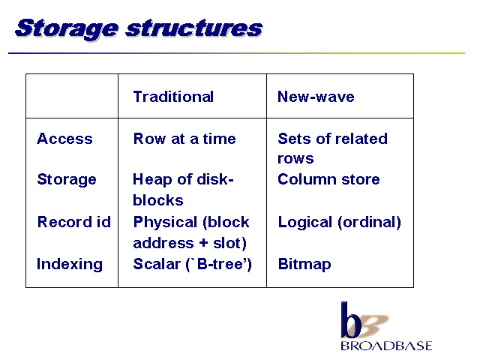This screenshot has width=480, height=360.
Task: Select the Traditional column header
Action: tap(173, 97)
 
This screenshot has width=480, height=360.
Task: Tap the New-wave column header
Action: tap(316, 97)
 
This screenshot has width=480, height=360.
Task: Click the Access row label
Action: tap(64, 139)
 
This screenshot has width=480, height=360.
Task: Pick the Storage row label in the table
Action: tap(67, 179)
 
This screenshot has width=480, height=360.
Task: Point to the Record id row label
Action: tap(74, 222)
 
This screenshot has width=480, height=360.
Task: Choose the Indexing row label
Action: tap(70, 264)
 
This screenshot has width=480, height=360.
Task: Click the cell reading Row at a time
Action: tap(184, 139)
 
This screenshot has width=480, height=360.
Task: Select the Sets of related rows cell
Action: tap(332, 148)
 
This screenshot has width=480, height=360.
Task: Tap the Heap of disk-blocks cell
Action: tap(183, 189)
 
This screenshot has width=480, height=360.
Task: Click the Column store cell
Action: tap(328, 179)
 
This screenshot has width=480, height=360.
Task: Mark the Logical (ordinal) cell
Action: tap(339, 222)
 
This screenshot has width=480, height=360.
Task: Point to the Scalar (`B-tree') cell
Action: tap(192, 264)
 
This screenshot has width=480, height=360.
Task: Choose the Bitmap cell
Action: tap(304, 264)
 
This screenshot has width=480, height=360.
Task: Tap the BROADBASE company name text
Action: tap(386, 346)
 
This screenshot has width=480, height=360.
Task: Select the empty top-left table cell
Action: tap(72, 96)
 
